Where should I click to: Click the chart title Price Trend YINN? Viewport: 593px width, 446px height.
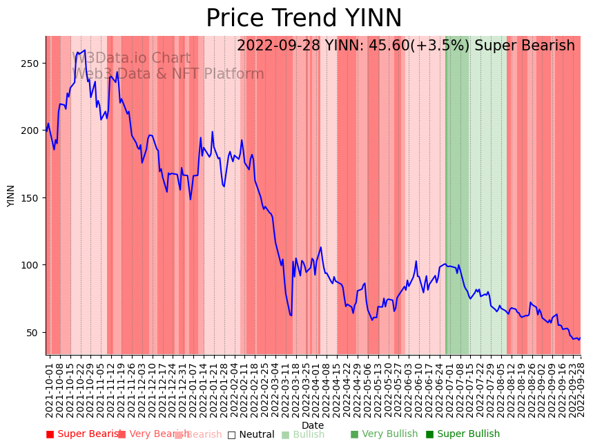(x=304, y=19)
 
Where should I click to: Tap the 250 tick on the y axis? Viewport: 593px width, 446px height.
(x=33, y=64)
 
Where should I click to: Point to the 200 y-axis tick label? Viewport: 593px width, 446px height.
(x=33, y=130)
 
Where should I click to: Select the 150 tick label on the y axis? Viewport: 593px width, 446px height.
(x=33, y=198)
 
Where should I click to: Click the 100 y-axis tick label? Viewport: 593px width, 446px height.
(x=33, y=265)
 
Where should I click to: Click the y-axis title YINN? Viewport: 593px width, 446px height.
(x=11, y=195)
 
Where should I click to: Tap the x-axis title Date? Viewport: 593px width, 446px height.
(x=312, y=425)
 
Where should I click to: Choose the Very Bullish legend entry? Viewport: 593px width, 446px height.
(x=384, y=434)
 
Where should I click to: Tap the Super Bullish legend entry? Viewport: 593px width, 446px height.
(x=463, y=434)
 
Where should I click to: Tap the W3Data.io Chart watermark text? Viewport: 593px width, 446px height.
(x=131, y=58)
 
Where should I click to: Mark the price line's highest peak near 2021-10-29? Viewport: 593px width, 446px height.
(x=84, y=50)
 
